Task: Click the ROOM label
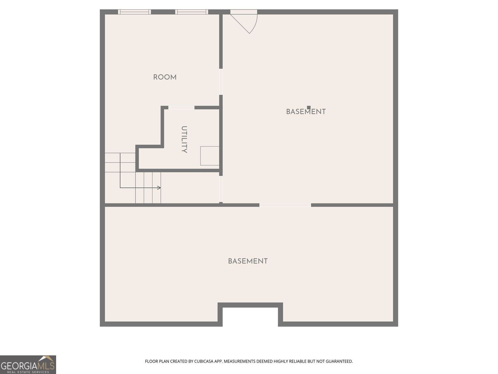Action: [165, 77]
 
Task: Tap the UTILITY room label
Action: [184, 139]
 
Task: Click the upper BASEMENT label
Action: [306, 112]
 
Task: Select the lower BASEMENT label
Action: [248, 261]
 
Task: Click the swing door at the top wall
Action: [244, 22]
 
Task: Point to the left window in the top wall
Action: [134, 12]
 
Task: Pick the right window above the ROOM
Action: [192, 12]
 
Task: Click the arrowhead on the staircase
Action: [159, 188]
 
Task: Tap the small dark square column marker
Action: [309, 107]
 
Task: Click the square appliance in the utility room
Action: [209, 156]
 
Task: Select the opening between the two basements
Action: [285, 205]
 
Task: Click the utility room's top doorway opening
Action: [181, 108]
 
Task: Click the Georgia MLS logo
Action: [28, 365]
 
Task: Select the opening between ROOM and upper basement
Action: [221, 82]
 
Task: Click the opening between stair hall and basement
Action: [221, 189]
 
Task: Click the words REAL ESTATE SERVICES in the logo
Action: [28, 372]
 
